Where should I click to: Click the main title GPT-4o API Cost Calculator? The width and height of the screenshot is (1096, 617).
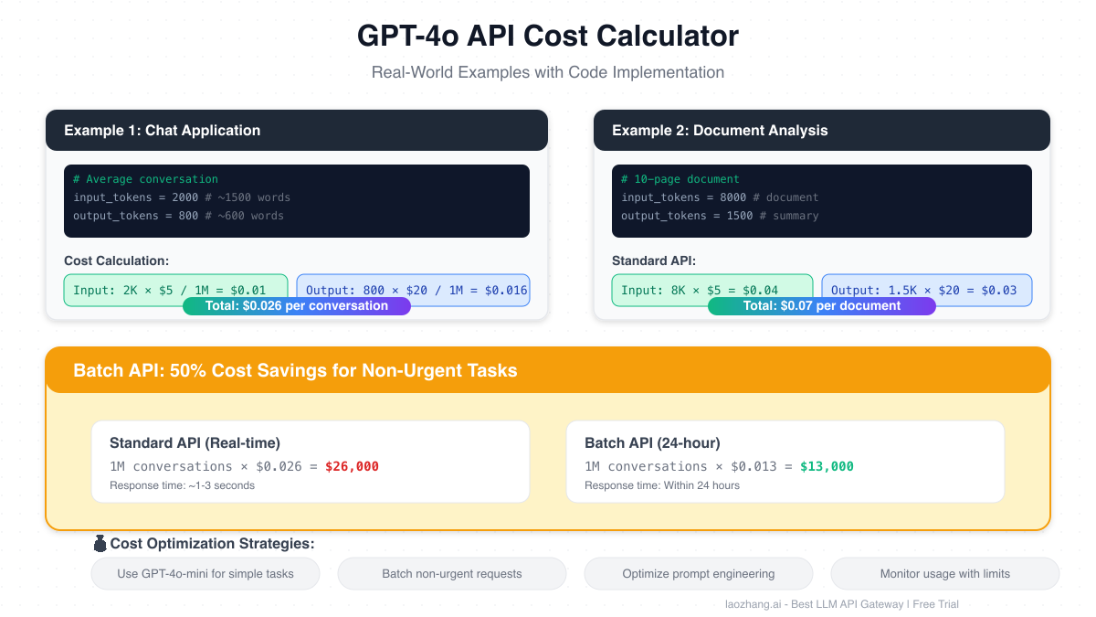[x=548, y=37]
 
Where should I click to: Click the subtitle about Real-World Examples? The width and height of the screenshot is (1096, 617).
[x=548, y=72]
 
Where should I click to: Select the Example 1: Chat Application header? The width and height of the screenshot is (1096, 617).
[x=297, y=131]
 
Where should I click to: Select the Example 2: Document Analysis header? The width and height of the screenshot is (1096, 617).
[x=822, y=131]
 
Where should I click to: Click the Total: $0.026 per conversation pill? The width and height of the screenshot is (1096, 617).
[x=297, y=306]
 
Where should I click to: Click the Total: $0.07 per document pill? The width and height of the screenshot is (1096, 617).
[x=822, y=306]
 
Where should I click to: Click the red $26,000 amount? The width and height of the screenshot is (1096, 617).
[x=352, y=466]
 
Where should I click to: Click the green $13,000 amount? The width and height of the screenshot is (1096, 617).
[x=827, y=466]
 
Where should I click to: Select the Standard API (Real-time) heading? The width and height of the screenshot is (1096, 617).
[x=195, y=443]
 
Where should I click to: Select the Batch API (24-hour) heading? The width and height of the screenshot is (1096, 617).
[x=652, y=443]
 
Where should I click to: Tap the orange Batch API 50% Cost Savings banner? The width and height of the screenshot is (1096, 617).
[x=548, y=370]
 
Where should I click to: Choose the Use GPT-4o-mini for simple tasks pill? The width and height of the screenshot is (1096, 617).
[x=205, y=574]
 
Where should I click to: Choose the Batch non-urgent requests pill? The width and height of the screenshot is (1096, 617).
[x=452, y=574]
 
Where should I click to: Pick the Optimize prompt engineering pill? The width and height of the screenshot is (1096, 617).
[x=699, y=574]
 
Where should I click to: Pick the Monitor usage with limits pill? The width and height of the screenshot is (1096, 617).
[x=945, y=574]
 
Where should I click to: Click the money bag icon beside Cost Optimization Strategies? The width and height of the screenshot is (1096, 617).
[x=100, y=544]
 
